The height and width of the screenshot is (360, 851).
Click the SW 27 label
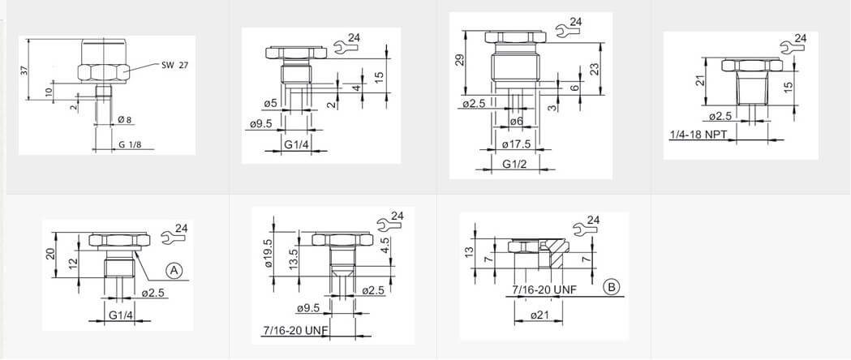click(x=173, y=65)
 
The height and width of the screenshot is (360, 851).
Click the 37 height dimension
click(x=24, y=70)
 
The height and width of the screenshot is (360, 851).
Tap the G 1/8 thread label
click(x=128, y=145)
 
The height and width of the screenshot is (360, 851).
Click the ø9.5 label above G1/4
click(x=260, y=124)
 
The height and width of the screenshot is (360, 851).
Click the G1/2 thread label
click(x=514, y=163)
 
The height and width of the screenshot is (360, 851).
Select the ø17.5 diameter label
click(x=516, y=144)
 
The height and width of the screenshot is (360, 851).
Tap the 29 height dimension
click(x=458, y=60)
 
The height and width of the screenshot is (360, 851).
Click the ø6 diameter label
click(x=516, y=122)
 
